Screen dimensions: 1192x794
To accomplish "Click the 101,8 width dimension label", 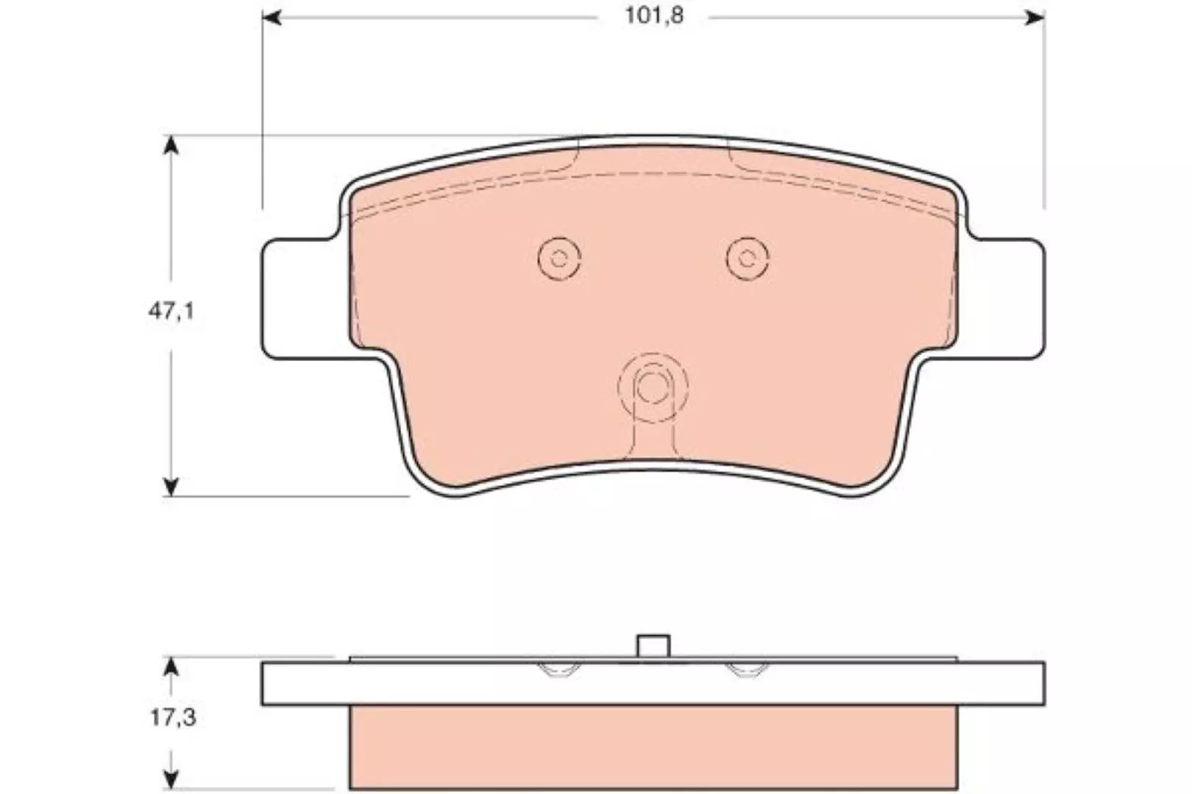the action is point(654,16).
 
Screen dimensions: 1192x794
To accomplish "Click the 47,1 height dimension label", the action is point(171,312).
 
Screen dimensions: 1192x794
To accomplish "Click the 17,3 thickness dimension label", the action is point(173,718).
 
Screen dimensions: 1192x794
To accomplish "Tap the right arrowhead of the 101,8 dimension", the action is point(1035,18).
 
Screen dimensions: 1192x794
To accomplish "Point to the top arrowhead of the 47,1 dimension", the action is point(170,145).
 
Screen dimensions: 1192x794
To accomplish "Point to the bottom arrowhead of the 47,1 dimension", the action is point(170,487).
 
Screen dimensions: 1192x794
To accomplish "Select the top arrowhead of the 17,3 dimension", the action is point(170,666).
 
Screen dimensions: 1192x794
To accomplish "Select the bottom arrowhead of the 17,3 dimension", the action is point(170,779).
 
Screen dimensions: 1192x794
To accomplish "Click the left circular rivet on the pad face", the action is point(558,259).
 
